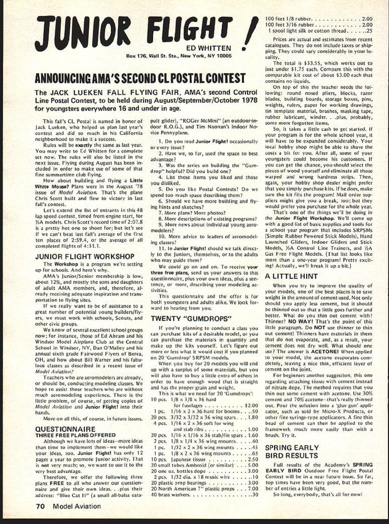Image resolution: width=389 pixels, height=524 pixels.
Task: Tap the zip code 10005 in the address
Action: (x=224, y=56)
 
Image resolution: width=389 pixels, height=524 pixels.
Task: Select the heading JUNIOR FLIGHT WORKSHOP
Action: (x=85, y=257)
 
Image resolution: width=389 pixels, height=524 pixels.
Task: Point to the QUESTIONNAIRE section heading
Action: (x=65, y=429)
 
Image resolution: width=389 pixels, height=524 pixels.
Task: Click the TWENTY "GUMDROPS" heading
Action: (x=191, y=319)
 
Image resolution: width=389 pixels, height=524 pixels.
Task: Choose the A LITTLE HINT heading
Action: (x=291, y=276)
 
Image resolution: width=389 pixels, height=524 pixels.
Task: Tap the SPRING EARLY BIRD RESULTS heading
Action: (x=292, y=451)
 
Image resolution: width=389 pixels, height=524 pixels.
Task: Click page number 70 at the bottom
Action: (x=40, y=506)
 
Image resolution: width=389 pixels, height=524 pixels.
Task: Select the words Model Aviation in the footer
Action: (x=77, y=506)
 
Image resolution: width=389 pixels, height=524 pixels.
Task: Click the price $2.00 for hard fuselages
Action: (x=251, y=406)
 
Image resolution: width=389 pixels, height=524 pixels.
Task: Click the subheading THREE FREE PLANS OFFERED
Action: (x=70, y=435)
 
